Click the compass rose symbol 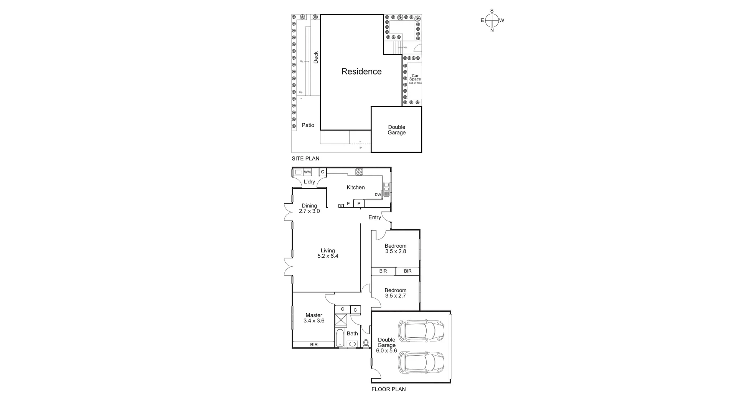point(492,20)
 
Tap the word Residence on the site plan point(361,72)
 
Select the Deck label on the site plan point(316,57)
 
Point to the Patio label point(308,125)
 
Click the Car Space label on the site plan point(415,78)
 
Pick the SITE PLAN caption point(305,159)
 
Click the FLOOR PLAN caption point(388,389)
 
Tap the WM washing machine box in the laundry point(307,172)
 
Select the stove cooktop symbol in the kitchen point(359,172)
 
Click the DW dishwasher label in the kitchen point(378,195)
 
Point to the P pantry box point(359,203)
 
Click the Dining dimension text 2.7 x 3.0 point(309,211)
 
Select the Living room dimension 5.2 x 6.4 point(328,256)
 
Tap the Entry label point(375,217)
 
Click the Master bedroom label point(314,315)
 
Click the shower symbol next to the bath point(340,320)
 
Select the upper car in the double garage point(421,330)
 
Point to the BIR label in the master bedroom point(314,345)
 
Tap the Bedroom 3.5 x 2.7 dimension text point(395,296)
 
